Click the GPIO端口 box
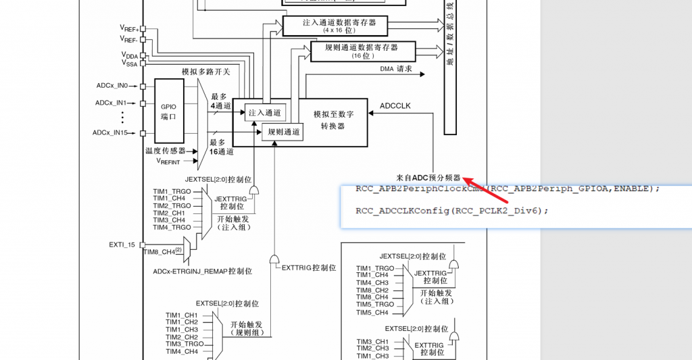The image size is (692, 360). coord(168,111)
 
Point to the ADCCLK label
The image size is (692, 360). coord(395,106)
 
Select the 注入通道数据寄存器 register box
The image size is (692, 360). coord(335,26)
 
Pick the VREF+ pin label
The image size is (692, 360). coord(129,28)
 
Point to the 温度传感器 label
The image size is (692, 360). coord(166,151)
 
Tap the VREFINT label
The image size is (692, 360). coord(169,161)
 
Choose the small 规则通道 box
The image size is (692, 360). coord(282,132)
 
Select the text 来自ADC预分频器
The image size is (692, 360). coord(428,178)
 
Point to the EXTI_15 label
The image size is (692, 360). coord(122,244)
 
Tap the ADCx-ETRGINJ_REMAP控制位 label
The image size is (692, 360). coord(203,271)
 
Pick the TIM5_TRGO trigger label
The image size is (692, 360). coord(372,305)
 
